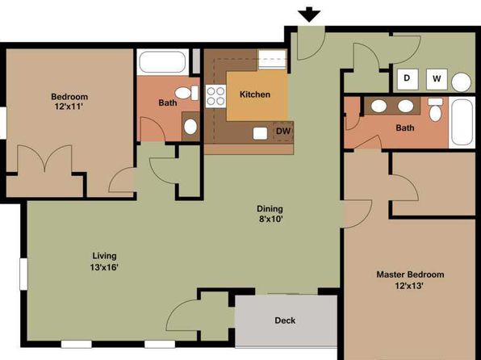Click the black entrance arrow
coord(309,15)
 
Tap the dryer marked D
coord(408,78)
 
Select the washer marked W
coord(437,79)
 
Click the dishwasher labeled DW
coord(283,132)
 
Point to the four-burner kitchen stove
coord(215,96)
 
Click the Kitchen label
coord(255,94)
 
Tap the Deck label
coord(285,320)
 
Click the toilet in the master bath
coord(435,110)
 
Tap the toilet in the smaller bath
coord(186,93)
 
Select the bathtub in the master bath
coord(462,122)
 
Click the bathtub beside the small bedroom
coord(162,62)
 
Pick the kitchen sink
coord(260,133)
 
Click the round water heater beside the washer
coord(461,82)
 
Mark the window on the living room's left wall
coord(23,274)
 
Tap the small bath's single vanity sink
coord(190,127)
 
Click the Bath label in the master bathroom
coord(405,128)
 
